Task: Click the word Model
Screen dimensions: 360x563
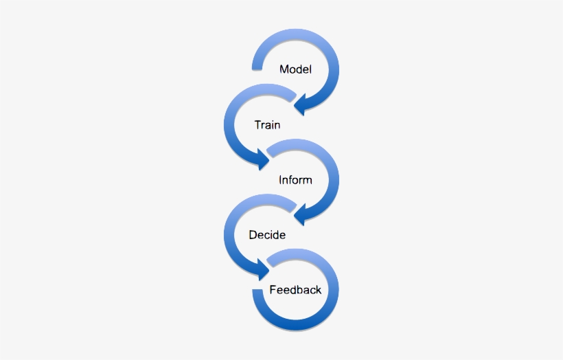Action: [295, 69]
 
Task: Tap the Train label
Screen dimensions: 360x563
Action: [267, 125]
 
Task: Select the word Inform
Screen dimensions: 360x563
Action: [295, 180]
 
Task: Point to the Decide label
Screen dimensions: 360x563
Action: [267, 235]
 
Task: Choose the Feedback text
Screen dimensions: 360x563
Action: [295, 290]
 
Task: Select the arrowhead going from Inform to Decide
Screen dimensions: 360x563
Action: [303, 216]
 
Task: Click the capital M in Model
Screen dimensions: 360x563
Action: [284, 69]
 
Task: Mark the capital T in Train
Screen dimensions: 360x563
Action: [257, 125]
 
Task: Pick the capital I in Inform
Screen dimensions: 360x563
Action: [280, 180]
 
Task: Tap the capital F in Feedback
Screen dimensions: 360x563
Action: [273, 290]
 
